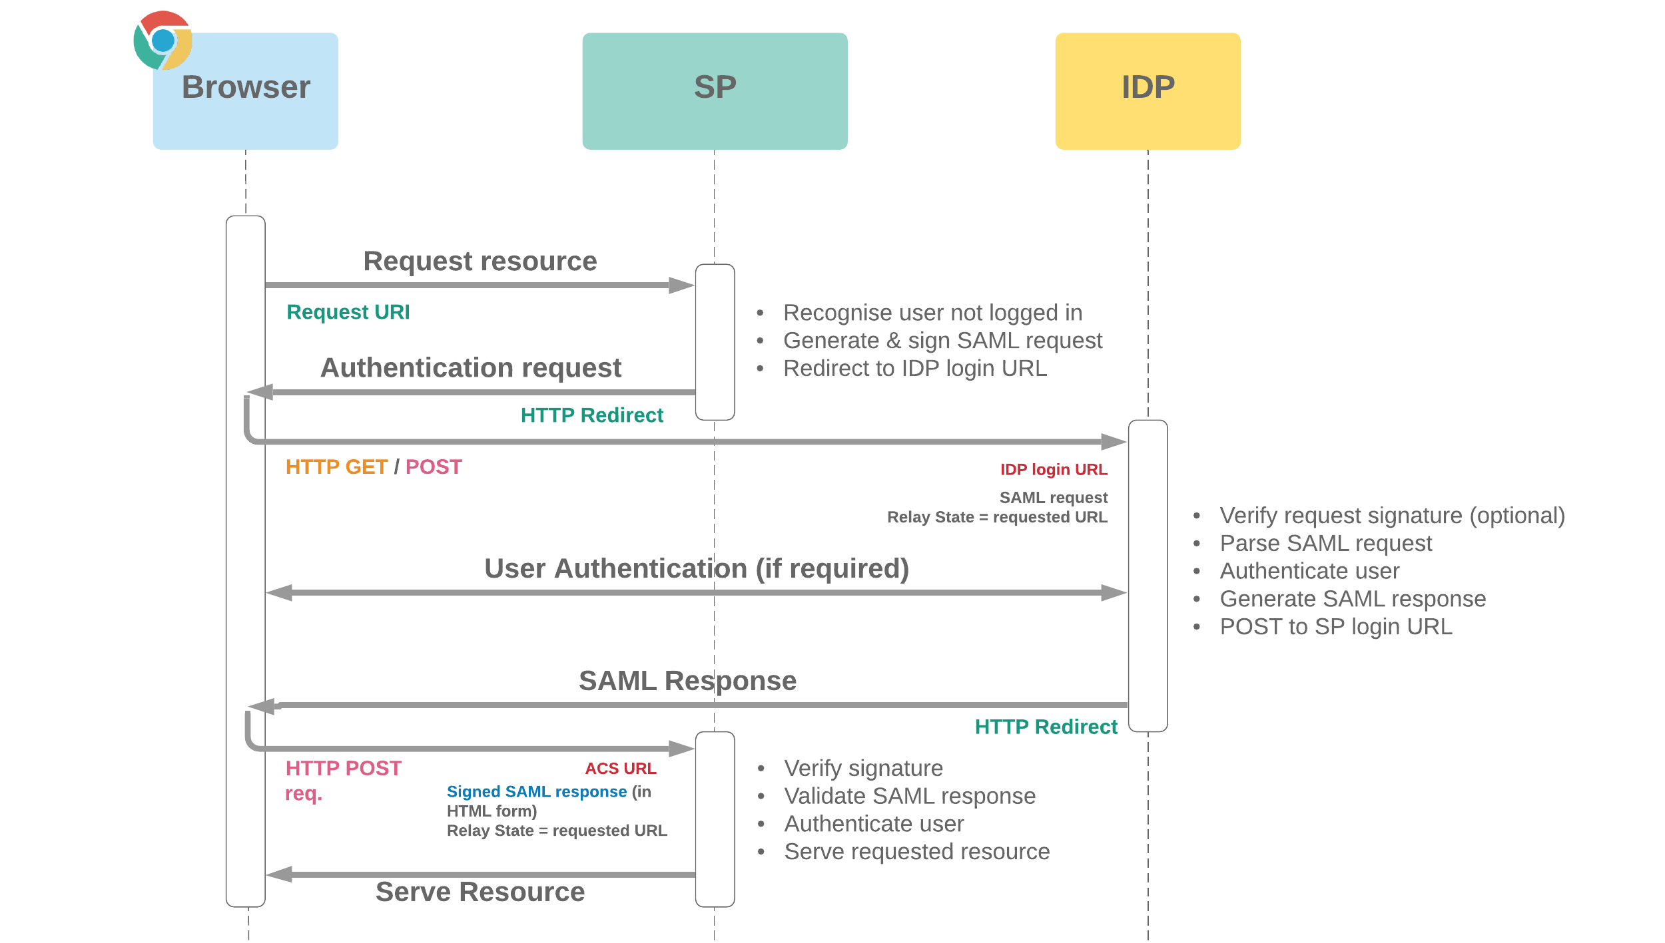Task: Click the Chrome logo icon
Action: click(x=163, y=41)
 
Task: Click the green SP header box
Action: click(x=715, y=91)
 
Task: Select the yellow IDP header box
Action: click(x=1148, y=91)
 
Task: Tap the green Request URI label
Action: click(x=348, y=312)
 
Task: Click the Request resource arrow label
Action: click(x=480, y=261)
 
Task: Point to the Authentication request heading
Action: click(x=470, y=367)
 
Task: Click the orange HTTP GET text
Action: click(x=336, y=467)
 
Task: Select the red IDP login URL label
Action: click(x=1053, y=469)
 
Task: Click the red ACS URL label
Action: click(x=620, y=768)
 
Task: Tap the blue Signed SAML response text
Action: click(x=536, y=791)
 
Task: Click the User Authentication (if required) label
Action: click(x=696, y=568)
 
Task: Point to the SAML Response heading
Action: click(x=687, y=680)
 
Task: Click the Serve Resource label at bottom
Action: click(x=480, y=891)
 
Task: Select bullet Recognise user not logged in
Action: click(x=932, y=312)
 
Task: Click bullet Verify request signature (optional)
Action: click(x=1391, y=515)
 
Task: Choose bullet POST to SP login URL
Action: click(x=1335, y=626)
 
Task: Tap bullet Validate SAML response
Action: click(x=909, y=795)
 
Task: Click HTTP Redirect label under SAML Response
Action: click(x=1045, y=726)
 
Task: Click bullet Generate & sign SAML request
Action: click(x=942, y=340)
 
